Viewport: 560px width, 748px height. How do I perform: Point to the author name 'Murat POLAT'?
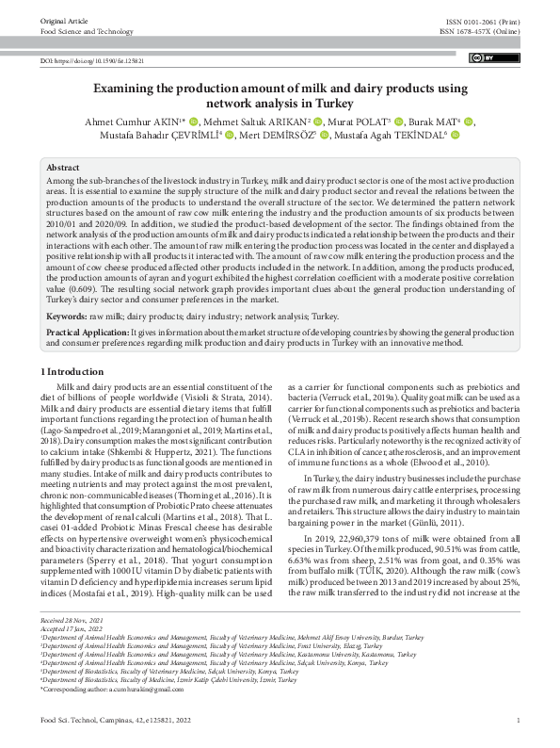coord(360,122)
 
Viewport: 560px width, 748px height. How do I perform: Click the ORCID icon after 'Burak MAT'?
coord(470,122)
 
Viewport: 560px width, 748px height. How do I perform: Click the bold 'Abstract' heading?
coord(63,166)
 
